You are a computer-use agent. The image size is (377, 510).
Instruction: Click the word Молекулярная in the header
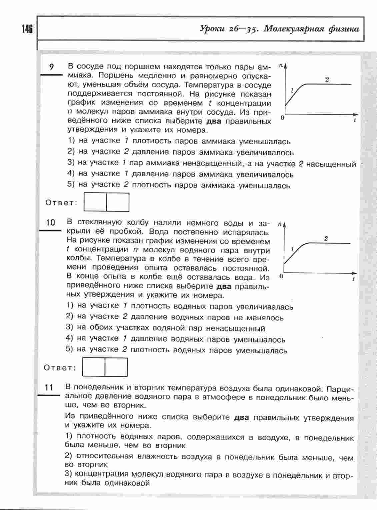point(293,29)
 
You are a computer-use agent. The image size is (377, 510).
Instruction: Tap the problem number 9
point(51,67)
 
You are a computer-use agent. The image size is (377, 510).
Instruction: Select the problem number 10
point(50,222)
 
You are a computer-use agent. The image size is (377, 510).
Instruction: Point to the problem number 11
point(49,387)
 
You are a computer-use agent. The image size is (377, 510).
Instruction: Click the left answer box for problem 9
point(95,202)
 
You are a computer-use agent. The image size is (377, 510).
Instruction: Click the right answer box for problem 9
point(118,202)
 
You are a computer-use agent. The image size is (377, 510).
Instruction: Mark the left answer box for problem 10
point(93,367)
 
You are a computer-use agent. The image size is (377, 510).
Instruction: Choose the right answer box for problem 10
point(116,367)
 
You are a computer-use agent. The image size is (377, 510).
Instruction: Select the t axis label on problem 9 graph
point(354,120)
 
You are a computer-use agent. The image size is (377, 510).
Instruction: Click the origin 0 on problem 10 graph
point(281,276)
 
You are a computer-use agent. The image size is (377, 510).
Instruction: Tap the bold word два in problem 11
point(241,417)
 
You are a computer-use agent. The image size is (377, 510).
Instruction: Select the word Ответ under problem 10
point(60,368)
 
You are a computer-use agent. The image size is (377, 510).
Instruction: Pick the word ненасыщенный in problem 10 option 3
point(235,329)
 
